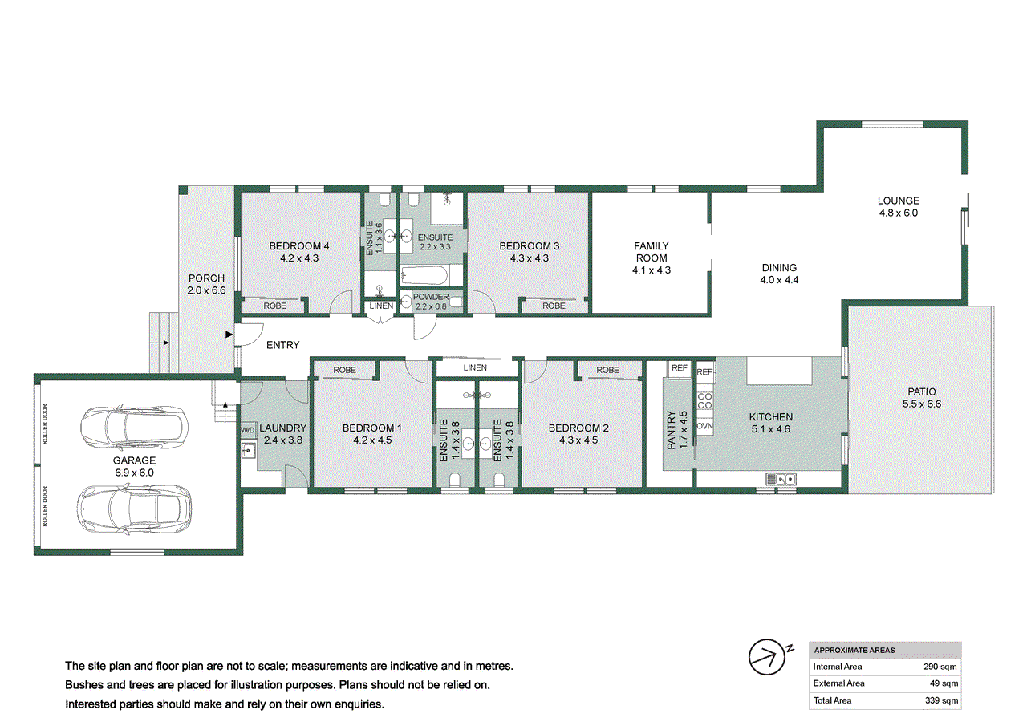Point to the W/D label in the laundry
coord(247,431)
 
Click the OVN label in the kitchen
coord(705,425)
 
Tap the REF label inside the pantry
coord(680,369)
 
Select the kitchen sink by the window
coord(780,480)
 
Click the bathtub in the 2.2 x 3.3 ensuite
coord(431,275)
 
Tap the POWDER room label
coord(431,297)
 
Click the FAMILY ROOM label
coord(651,252)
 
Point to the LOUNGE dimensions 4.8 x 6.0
coord(898,213)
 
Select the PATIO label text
coord(921,391)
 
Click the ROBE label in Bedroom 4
coord(274,306)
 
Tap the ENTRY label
coord(282,345)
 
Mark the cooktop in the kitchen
coord(705,400)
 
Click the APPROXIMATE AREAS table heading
coord(854,651)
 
